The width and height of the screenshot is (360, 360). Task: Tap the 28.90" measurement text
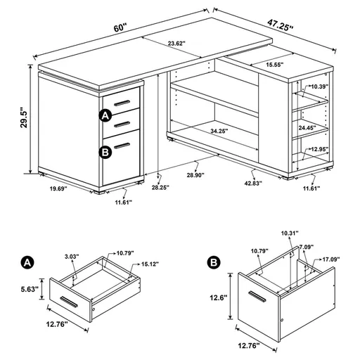205,173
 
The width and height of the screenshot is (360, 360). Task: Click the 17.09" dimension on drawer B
328,259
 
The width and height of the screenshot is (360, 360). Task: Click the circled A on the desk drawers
105,115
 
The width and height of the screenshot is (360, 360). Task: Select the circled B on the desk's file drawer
105,150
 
